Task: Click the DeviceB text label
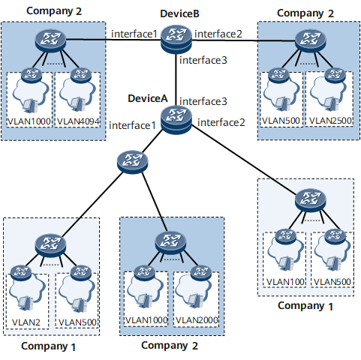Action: coord(179,13)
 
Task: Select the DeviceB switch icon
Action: coord(176,39)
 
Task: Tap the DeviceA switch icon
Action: coord(176,119)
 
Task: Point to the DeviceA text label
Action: coord(148,98)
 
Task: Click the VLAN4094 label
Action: coord(78,121)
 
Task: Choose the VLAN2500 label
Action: coord(330,121)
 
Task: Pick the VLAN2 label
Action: coord(26,322)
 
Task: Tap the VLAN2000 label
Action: coord(197,320)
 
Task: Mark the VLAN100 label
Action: coord(285,282)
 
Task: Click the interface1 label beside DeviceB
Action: coord(134,34)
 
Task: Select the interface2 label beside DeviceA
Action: coord(221,122)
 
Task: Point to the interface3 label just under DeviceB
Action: coord(203,60)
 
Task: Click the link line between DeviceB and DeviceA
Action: coord(176,79)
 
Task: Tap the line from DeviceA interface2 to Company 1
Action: coord(244,159)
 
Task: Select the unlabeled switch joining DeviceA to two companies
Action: coord(132,162)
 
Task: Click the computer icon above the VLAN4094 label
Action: coord(77,105)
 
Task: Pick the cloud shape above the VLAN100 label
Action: coord(284,253)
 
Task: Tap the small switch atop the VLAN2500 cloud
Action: coord(335,75)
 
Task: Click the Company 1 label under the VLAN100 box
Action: coord(305,306)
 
